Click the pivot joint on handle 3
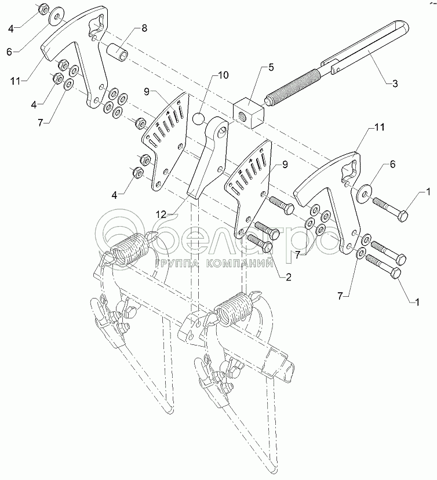point(334,71)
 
